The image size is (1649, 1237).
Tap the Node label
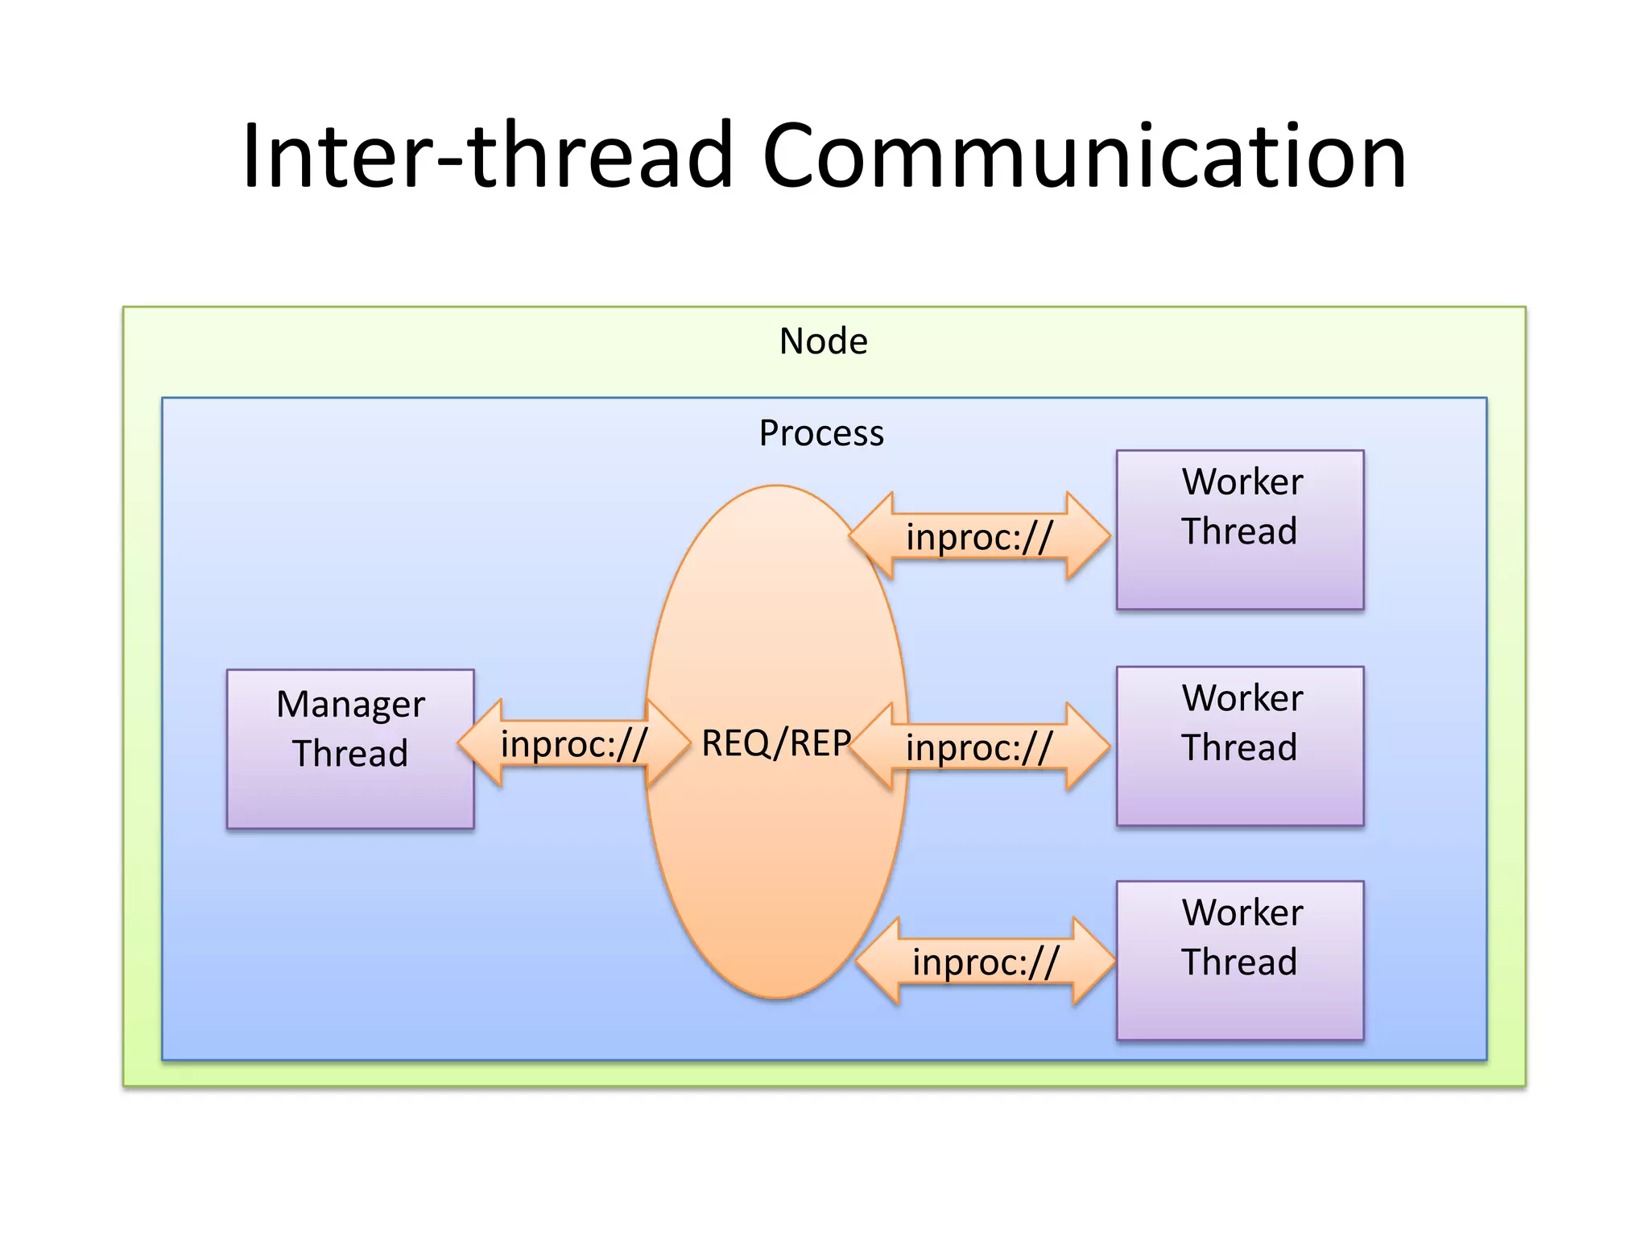click(x=823, y=341)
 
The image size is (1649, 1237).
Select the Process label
click(x=821, y=433)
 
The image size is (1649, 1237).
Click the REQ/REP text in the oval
click(x=775, y=743)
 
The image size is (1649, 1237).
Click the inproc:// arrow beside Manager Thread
click(x=573, y=743)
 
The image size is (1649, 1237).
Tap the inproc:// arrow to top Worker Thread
click(x=979, y=536)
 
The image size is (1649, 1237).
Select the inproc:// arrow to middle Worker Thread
click(x=979, y=747)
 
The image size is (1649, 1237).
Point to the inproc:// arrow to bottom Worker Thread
click(x=986, y=961)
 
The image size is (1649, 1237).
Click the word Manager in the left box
click(x=350, y=704)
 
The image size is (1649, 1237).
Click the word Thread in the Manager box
click(x=350, y=754)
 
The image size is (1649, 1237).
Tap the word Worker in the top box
click(x=1242, y=482)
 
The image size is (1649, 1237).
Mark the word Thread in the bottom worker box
click(x=1239, y=962)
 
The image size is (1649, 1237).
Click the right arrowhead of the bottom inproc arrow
click(x=1094, y=961)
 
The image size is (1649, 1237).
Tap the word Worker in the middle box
click(x=1242, y=697)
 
